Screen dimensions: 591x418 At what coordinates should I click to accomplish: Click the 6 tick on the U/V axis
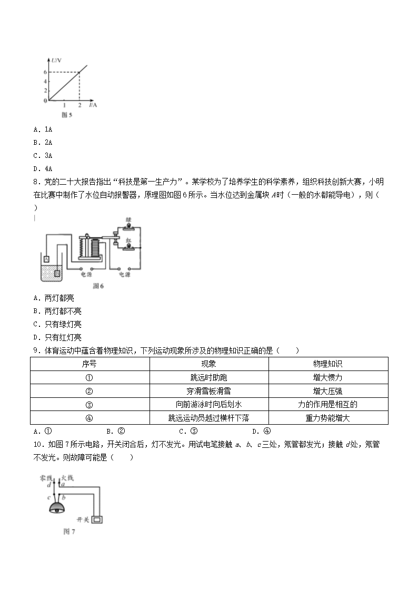click(x=45, y=72)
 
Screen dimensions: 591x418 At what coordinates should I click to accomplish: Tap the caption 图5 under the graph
click(x=66, y=115)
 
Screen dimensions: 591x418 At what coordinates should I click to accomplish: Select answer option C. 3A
click(x=43, y=156)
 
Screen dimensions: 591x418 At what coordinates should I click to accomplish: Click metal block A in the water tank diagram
click(x=46, y=259)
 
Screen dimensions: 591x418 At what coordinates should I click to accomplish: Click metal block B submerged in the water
click(x=57, y=273)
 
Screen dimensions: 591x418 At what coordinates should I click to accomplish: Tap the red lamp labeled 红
click(x=127, y=246)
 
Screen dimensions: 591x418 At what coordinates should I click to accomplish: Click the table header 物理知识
click(x=328, y=364)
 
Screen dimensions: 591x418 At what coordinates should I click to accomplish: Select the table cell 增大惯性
click(x=328, y=378)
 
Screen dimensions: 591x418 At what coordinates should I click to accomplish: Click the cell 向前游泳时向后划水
click(x=209, y=405)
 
